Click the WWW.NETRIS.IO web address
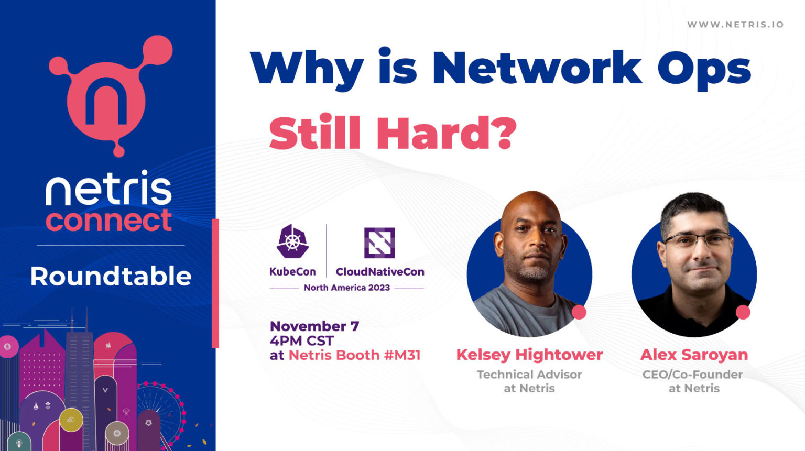(x=735, y=25)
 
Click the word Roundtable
(x=111, y=276)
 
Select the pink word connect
(x=109, y=221)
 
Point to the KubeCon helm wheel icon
(x=292, y=241)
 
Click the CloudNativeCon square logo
(x=379, y=243)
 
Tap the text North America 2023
(x=347, y=288)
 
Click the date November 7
(x=314, y=326)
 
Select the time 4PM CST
(x=302, y=340)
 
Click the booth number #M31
(x=402, y=355)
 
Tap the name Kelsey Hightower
(x=529, y=355)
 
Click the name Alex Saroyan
(x=694, y=355)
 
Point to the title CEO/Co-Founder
(x=692, y=375)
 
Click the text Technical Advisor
(x=529, y=375)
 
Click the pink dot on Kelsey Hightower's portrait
(x=579, y=312)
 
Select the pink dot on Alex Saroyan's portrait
(x=743, y=312)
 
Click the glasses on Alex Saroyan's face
(x=697, y=240)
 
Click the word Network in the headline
(x=537, y=68)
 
